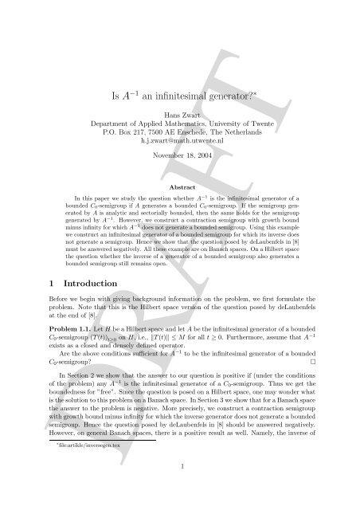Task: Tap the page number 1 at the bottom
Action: click(179, 488)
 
